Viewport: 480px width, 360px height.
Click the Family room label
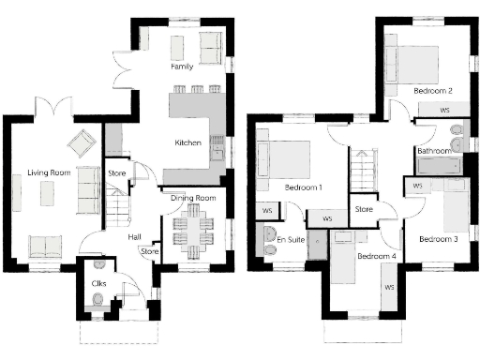[x=182, y=68]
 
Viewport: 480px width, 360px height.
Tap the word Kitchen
[x=187, y=142]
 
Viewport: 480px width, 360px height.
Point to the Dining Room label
[x=193, y=198]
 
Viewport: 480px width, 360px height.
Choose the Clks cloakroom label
[x=98, y=283]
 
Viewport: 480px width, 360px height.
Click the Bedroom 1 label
[x=304, y=187]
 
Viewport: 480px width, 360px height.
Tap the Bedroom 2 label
[x=434, y=91]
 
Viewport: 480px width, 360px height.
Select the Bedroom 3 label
[x=438, y=238]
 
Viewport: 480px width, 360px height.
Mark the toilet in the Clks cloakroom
[x=98, y=300]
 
